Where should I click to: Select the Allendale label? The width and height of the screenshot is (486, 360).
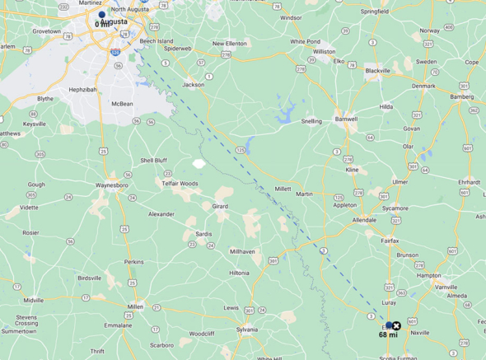pos(364,220)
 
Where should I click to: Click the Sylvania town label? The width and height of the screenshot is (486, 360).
pos(247,329)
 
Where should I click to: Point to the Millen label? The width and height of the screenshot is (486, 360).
pos(135,306)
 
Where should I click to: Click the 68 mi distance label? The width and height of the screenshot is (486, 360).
pos(388,335)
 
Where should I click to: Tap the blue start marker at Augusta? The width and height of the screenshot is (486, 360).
pos(102,15)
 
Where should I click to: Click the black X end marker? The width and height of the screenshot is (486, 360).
pos(396,326)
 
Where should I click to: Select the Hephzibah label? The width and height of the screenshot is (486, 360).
pos(83,89)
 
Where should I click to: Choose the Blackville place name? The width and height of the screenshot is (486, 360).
pos(377,71)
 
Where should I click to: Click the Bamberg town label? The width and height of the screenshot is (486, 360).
pos(461,96)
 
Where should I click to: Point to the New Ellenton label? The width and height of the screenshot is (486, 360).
pos(230,44)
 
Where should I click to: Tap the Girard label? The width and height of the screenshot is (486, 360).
pos(220,206)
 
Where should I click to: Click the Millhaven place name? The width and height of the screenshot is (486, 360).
pos(242,251)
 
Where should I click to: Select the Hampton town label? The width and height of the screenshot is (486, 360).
pos(429,275)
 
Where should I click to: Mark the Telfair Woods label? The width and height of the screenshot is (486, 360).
pos(180,184)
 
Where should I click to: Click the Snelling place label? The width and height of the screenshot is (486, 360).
pos(311,121)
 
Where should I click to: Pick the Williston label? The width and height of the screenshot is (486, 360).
pos(324,51)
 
